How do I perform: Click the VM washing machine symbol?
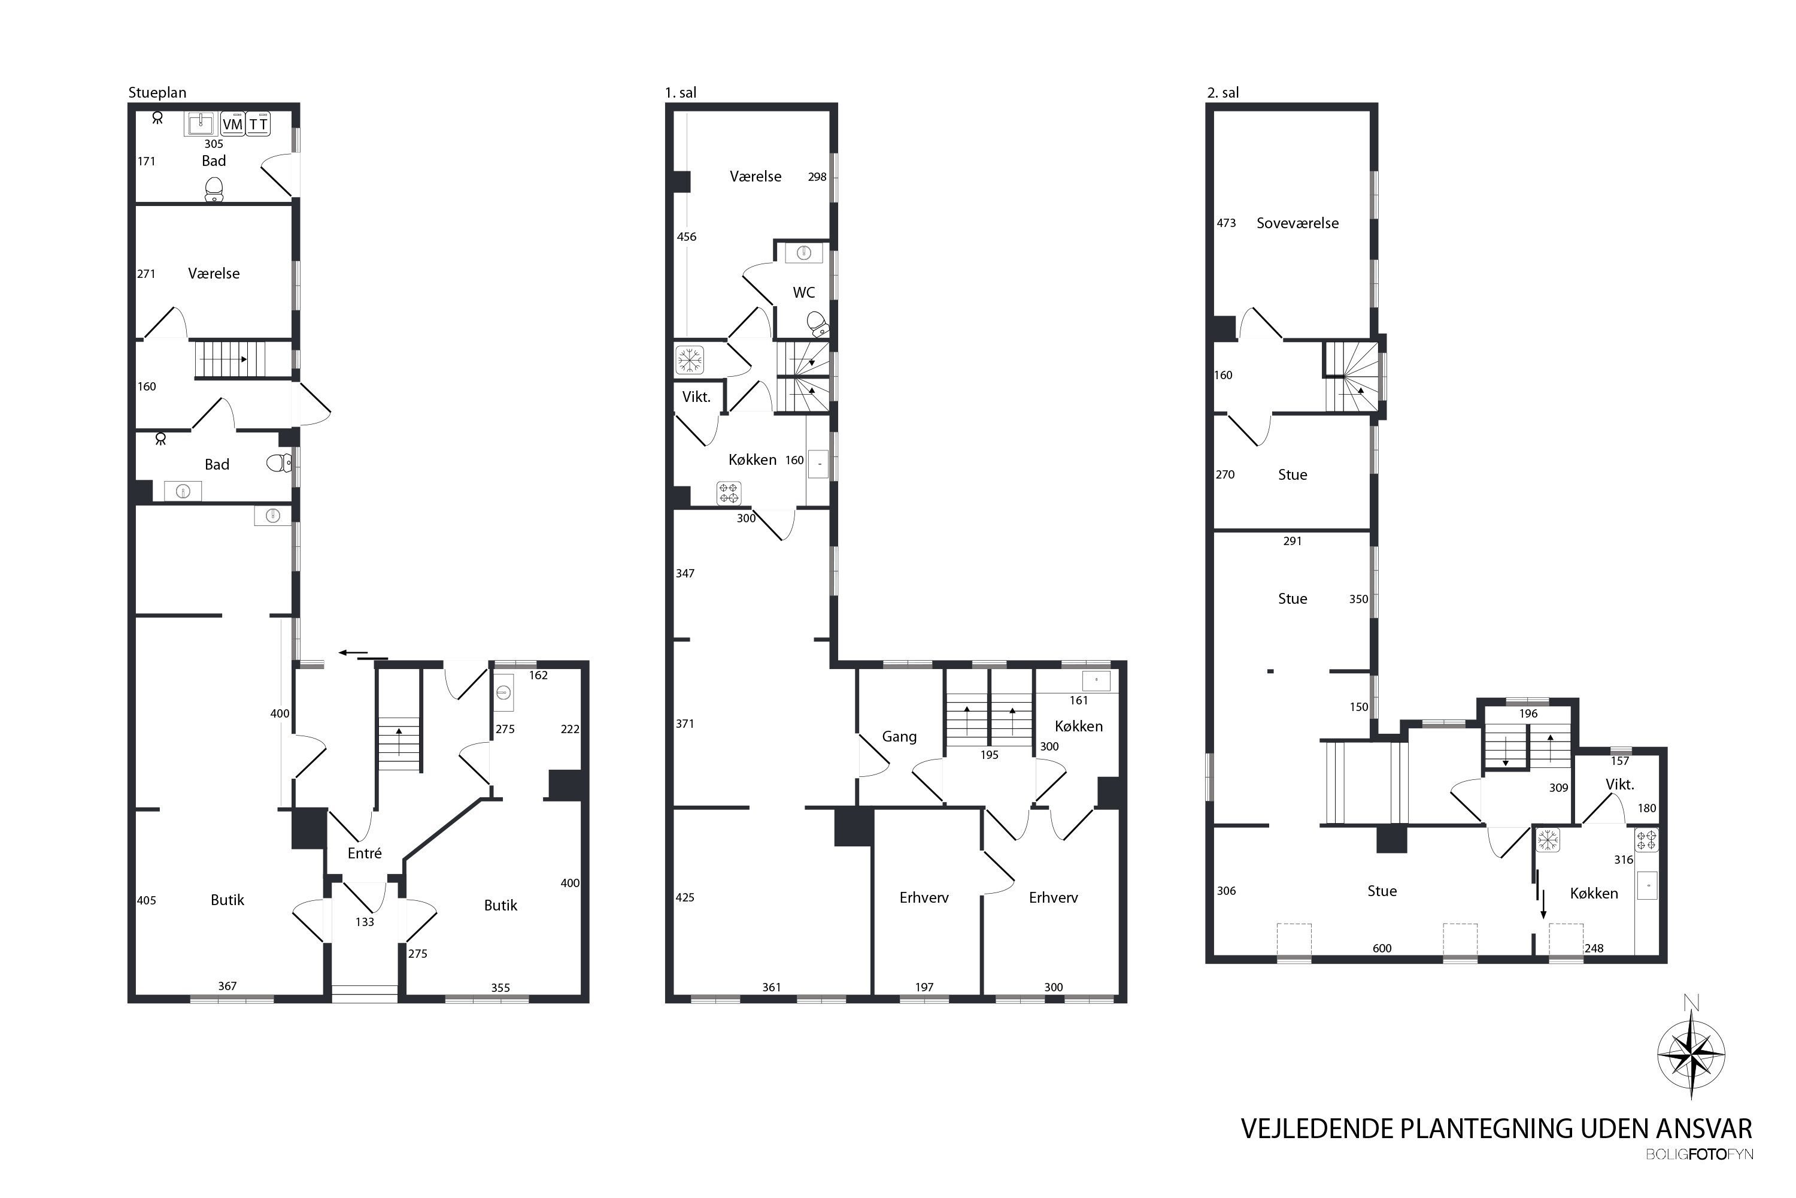click(233, 124)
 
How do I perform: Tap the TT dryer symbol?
click(259, 124)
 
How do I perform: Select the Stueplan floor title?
click(157, 92)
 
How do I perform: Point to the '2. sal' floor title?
click(1222, 92)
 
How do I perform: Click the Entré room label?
click(364, 852)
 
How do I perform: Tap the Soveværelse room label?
click(1297, 223)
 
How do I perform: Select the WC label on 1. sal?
click(803, 292)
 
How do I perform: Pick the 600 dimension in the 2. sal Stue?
click(1382, 948)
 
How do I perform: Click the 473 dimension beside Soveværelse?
click(1225, 223)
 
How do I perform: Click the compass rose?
click(1691, 1054)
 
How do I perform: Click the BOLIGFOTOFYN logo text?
click(1699, 1154)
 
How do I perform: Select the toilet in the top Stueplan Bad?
click(214, 189)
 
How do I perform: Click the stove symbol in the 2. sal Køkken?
click(1646, 840)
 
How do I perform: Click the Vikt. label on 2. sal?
click(1619, 785)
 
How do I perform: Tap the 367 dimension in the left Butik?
click(227, 985)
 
